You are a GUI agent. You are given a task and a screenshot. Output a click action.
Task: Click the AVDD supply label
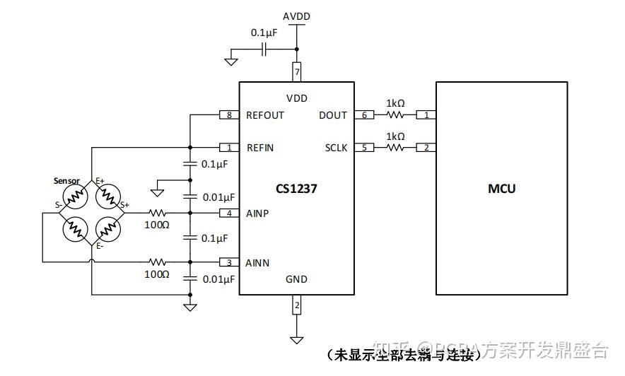[x=296, y=16]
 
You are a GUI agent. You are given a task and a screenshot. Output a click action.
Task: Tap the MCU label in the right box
[x=501, y=188]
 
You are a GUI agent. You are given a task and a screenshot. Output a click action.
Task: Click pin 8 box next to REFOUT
[x=229, y=115]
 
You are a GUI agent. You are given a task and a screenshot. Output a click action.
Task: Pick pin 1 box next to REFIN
[x=229, y=148]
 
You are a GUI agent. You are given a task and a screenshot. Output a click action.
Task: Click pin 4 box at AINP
[x=229, y=213]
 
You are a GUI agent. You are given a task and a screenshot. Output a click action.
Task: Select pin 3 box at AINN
[x=229, y=262]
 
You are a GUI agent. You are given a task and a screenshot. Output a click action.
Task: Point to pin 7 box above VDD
[x=297, y=72]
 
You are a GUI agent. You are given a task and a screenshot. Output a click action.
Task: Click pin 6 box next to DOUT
[x=364, y=115]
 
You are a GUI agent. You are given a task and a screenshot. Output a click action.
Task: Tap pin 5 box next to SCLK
[x=364, y=148]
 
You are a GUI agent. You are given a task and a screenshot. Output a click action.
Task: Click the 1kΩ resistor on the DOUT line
[x=395, y=115]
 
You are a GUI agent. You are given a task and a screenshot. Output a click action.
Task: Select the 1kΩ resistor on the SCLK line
[x=395, y=148]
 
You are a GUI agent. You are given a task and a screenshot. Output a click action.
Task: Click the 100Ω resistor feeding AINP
[x=157, y=213]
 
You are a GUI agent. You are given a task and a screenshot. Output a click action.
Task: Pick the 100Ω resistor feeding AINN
[x=157, y=262]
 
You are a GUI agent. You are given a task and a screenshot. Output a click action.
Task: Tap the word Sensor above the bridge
[x=67, y=181]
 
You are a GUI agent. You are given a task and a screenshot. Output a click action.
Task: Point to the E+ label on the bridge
[x=100, y=182]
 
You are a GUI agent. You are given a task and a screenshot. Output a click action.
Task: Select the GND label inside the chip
[x=296, y=279]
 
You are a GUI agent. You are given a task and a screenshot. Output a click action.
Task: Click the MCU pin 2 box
[x=426, y=148]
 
